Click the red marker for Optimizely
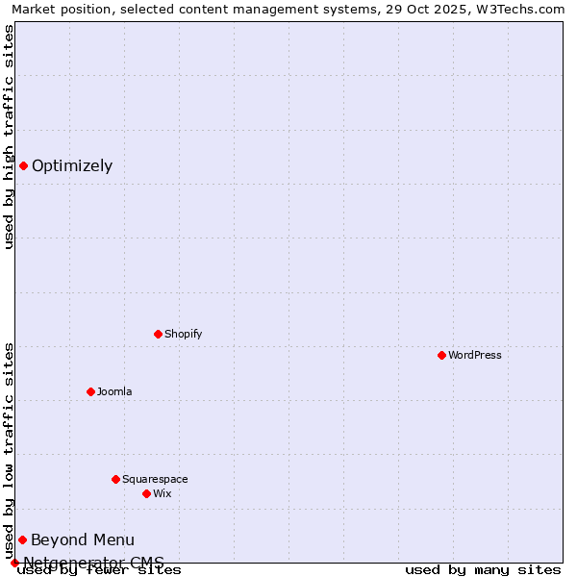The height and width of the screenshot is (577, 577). point(23,165)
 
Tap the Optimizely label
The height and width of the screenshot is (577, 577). point(72,165)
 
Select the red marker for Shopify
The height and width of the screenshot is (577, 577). point(158,334)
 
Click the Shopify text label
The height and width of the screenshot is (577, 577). point(183,334)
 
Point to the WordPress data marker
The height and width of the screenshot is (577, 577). point(441,355)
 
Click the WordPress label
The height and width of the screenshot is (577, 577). point(474,355)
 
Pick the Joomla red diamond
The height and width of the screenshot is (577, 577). point(90,391)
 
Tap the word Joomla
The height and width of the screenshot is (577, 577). point(114,391)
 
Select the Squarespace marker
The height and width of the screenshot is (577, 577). point(115,479)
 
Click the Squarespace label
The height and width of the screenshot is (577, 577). point(155,479)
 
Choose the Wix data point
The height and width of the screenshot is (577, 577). point(146,493)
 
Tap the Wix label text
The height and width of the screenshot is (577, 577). point(162,493)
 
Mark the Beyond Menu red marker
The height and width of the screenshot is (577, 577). point(22,539)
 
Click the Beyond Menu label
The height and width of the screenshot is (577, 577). point(83,539)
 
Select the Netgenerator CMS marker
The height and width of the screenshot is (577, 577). point(14,563)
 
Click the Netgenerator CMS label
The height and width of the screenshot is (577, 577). point(93,562)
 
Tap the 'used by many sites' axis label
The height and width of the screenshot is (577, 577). point(483,569)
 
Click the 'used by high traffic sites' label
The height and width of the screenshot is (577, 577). point(9,137)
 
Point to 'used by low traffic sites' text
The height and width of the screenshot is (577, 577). point(9,450)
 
